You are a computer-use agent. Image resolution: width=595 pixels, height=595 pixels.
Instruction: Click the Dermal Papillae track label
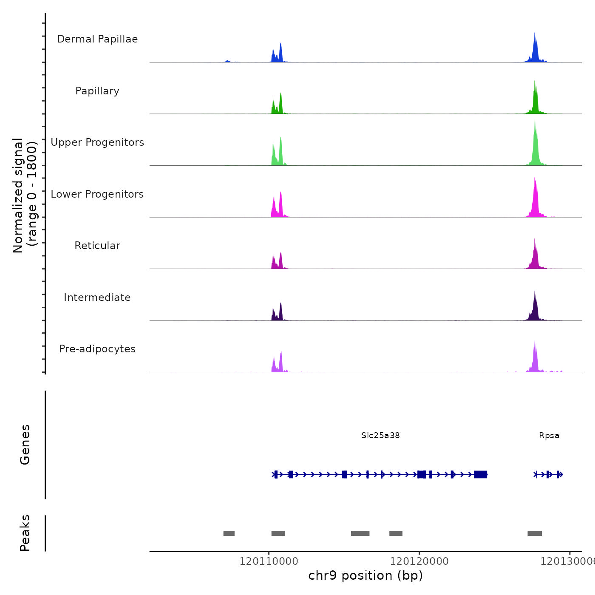tap(97, 39)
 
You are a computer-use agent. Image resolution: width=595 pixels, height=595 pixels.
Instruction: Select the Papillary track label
tap(97, 91)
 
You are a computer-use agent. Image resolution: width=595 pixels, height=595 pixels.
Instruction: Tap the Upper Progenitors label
tap(97, 142)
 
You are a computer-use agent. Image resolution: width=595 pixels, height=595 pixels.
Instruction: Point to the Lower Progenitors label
tap(97, 194)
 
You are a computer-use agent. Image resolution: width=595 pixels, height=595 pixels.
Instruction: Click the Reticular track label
tap(97, 246)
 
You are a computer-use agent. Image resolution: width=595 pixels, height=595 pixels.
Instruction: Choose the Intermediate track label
tap(97, 297)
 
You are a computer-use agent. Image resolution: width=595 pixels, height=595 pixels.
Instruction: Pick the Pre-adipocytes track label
tap(97, 349)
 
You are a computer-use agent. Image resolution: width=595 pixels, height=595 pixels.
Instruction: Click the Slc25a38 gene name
tap(380, 435)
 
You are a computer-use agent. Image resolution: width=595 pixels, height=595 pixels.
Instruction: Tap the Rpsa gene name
tap(549, 435)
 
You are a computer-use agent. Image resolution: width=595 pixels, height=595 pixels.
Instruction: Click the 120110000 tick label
tap(269, 561)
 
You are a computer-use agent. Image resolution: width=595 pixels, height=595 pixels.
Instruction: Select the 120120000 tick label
tap(419, 561)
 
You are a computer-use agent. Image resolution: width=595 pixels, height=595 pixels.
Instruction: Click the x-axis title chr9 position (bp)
tap(365, 575)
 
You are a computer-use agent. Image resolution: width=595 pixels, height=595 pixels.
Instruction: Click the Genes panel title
tap(25, 445)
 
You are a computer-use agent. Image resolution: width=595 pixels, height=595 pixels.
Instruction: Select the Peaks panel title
tap(25, 533)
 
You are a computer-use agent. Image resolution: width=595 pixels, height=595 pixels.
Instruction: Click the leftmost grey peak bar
tap(229, 533)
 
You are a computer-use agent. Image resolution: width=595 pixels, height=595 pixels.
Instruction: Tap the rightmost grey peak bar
tap(535, 533)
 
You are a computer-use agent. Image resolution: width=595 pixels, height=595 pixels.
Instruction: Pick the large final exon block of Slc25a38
tap(481, 474)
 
